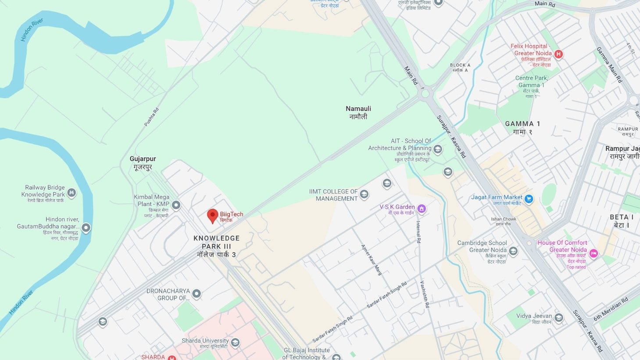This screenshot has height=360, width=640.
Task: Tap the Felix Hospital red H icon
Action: click(558, 54)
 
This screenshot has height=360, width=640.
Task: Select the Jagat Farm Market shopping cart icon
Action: click(529, 199)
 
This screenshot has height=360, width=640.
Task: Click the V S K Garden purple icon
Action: click(422, 209)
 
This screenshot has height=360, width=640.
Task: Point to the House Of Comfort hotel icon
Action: click(594, 253)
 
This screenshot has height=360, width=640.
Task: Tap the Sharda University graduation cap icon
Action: click(235, 342)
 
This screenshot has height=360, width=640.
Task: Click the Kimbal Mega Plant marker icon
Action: click(176, 205)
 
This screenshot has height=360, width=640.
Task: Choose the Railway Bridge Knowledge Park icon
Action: click(72, 192)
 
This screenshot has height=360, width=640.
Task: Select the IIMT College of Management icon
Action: click(364, 194)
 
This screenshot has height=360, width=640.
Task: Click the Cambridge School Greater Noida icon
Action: click(513, 251)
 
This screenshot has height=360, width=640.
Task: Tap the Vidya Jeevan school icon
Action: click(558, 317)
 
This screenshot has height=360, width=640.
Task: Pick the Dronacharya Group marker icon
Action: click(197, 294)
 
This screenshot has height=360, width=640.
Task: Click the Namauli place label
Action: click(358, 112)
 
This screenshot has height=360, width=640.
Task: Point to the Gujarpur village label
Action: click(143, 163)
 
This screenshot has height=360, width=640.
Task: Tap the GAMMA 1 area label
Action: click(522, 128)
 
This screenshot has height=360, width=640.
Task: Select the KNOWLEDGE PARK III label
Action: click(217, 246)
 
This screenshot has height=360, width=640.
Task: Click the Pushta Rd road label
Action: click(151, 117)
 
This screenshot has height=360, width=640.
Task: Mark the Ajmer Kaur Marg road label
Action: click(371, 260)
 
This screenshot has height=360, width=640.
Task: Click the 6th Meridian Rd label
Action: click(611, 309)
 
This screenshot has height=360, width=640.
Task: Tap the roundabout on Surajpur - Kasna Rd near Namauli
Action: click(425, 93)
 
